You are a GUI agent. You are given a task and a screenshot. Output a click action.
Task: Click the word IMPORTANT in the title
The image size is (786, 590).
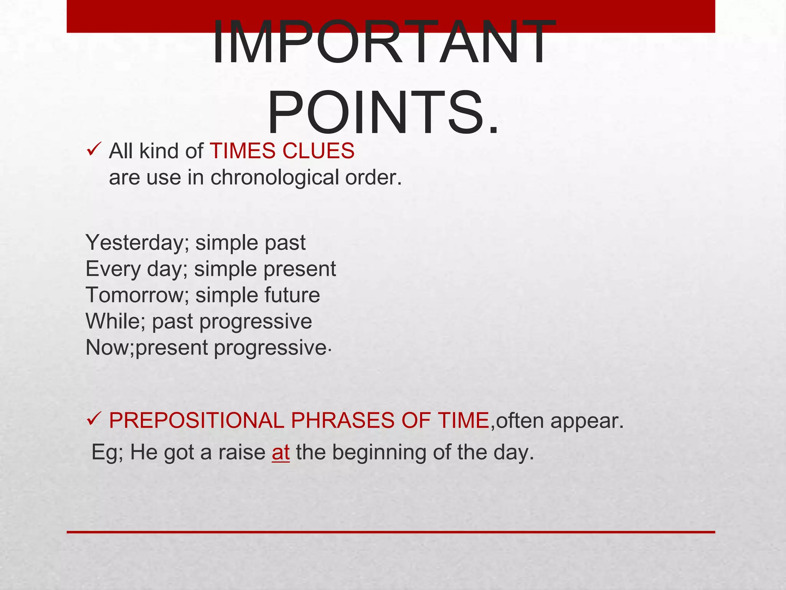(x=384, y=42)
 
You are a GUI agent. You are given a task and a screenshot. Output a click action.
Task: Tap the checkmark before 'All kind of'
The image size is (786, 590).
(x=94, y=149)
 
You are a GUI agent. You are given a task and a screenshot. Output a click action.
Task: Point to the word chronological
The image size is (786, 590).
(x=274, y=178)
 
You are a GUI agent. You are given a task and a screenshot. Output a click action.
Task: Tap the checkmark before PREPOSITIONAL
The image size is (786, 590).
(x=94, y=418)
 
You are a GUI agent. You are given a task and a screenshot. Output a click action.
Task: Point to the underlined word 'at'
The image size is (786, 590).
(x=281, y=452)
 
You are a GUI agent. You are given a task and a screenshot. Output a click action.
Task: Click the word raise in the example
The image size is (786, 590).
(x=242, y=452)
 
